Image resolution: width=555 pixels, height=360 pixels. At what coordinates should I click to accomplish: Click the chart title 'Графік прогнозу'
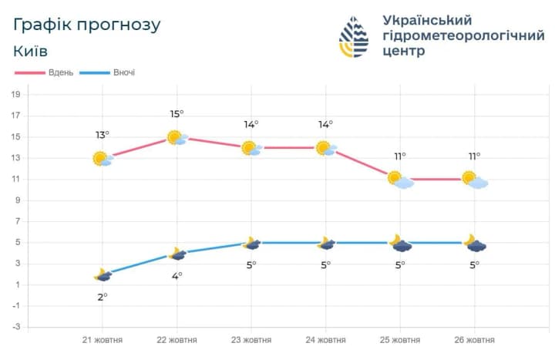[87, 25]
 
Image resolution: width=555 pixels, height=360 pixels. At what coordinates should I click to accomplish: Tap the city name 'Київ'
[31, 51]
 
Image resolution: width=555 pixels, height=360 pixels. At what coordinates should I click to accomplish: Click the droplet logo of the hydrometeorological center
[355, 36]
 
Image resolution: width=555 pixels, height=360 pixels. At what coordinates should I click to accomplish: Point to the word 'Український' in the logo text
[427, 20]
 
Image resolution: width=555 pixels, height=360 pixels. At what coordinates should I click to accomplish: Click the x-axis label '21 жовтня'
[103, 340]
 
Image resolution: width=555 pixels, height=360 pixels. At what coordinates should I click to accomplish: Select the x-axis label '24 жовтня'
[325, 340]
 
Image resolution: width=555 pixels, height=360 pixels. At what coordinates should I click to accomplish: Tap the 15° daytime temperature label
[177, 115]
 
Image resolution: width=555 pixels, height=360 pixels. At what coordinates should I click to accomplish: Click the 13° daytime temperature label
[102, 135]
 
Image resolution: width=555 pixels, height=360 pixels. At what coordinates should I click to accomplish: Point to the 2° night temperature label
[102, 297]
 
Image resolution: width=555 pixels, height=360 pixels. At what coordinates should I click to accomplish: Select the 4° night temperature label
[177, 275]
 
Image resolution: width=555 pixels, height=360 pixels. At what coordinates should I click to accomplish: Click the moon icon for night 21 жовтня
[102, 275]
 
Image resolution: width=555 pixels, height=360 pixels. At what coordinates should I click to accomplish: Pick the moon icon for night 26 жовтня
[474, 244]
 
